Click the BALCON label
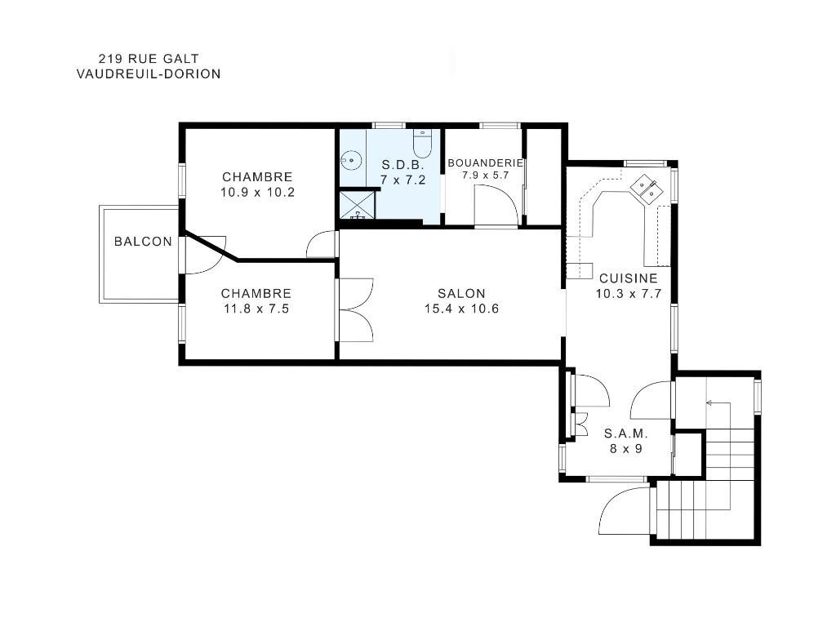[143, 242]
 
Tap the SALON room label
[461, 294]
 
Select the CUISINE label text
[628, 278]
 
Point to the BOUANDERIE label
[485, 162]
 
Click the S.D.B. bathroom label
[403, 165]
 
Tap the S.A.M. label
[625, 434]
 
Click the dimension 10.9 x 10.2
[257, 193]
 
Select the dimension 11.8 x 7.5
[256, 309]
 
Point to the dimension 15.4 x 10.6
[461, 309]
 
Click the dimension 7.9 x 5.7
[485, 175]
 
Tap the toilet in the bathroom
[422, 144]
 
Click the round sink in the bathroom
[351, 160]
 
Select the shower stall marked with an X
[358, 204]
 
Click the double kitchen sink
[650, 189]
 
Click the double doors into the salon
[355, 310]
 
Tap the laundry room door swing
[496, 206]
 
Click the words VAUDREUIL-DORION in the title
[148, 73]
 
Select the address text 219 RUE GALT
[148, 58]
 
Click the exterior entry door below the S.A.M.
[625, 510]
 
